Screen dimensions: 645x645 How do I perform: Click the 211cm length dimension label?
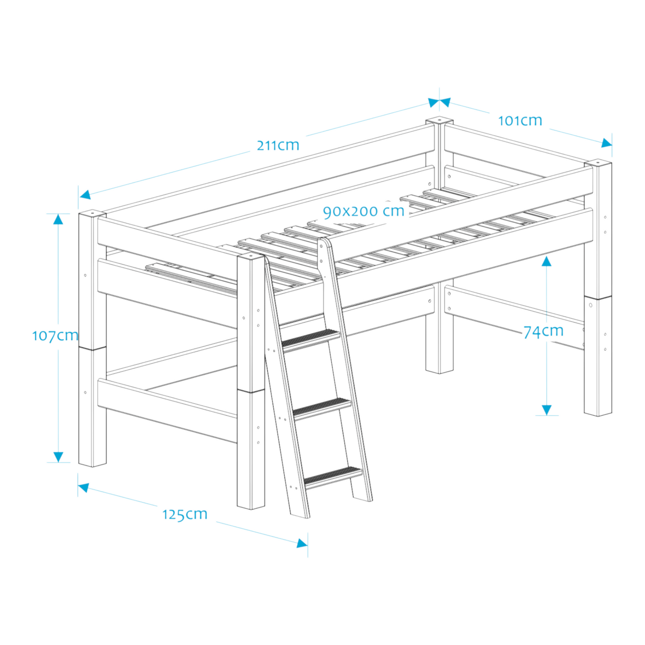coord(278,145)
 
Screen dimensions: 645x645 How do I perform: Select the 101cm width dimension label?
coord(520,121)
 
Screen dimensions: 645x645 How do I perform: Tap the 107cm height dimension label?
coord(55,336)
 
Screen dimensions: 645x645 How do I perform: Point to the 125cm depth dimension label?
coord(185,514)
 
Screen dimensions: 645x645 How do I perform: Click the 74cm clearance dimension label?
coord(543,332)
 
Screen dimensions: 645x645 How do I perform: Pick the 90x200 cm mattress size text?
coord(364,211)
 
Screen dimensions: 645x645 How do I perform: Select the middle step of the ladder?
coord(322,408)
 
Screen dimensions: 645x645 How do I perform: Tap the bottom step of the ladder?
coord(333,476)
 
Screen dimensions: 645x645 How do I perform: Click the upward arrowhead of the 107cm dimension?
coord(58,219)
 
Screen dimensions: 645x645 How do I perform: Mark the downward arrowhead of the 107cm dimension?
coord(58,457)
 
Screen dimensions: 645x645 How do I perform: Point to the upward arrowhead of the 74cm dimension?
coord(546,261)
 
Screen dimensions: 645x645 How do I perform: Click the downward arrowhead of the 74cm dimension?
coord(546,410)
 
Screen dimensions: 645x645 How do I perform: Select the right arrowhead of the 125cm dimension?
coord(302,543)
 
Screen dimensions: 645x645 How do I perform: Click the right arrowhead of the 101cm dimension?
coord(606,143)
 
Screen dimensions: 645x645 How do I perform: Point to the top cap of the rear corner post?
coord(439,121)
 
